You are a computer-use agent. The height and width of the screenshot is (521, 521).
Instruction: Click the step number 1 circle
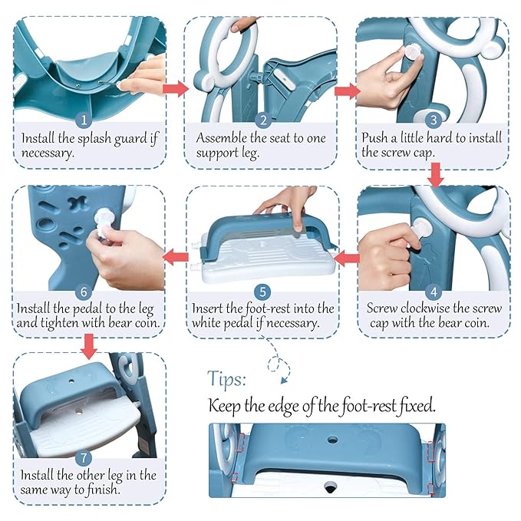tap(85, 120)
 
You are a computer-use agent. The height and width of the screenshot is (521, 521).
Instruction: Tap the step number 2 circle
tap(262, 120)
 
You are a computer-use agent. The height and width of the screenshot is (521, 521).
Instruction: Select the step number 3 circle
tap(433, 120)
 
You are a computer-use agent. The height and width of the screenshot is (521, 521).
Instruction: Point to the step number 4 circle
tap(433, 291)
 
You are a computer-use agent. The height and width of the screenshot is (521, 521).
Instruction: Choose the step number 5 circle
tap(262, 292)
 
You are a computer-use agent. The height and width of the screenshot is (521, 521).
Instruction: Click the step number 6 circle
tap(85, 292)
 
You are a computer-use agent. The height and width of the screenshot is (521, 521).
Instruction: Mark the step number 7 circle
tap(85, 457)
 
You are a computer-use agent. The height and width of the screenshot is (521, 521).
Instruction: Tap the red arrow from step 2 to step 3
tap(348, 91)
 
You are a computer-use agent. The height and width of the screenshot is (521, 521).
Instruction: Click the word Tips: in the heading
tap(227, 378)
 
